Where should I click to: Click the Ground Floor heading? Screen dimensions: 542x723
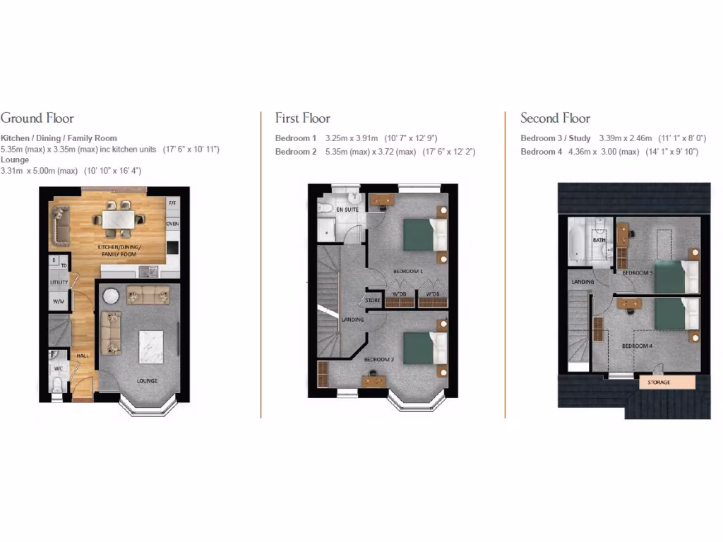click(x=37, y=119)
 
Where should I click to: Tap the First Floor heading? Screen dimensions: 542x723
click(x=303, y=119)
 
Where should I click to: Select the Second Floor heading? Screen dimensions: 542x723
click(x=555, y=119)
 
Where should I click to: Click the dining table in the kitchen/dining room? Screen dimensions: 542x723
click(x=117, y=220)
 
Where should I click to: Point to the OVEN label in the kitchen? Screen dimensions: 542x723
click(x=172, y=224)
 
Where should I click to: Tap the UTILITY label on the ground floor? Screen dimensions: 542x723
click(x=59, y=282)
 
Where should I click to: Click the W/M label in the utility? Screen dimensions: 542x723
click(x=58, y=301)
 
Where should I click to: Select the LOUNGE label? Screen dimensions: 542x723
click(x=147, y=381)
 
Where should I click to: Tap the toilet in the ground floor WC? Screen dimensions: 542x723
click(x=57, y=384)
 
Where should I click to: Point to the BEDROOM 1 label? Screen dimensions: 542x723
click(x=407, y=271)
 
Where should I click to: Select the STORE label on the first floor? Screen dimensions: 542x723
click(x=374, y=301)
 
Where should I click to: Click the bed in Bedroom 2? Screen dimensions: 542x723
click(x=424, y=348)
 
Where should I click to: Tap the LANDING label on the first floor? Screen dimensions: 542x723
click(x=352, y=320)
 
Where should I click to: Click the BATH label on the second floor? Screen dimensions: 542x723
click(x=599, y=240)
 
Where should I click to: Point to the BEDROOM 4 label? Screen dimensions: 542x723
click(x=636, y=346)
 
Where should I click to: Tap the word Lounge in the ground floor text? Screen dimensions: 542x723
click(x=15, y=160)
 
